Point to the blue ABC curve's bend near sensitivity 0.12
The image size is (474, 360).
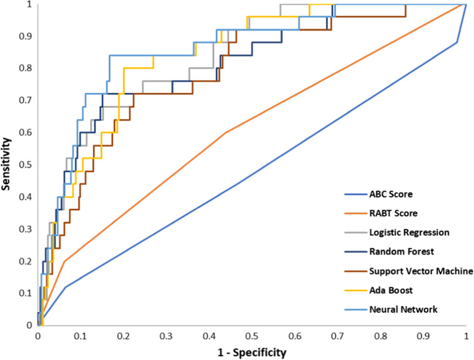pos(65,287)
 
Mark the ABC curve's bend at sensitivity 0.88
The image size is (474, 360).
pos(457,43)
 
